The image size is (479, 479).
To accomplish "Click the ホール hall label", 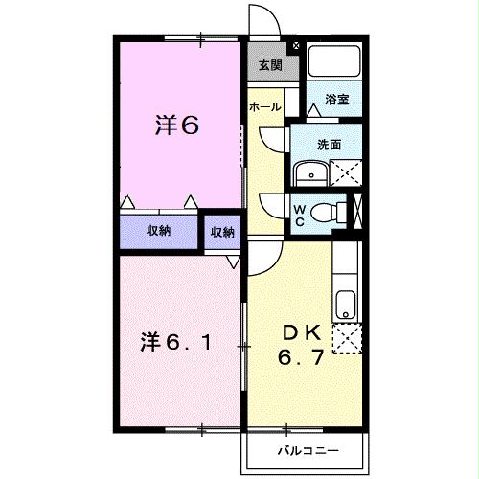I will (264, 107).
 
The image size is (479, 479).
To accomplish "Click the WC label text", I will (299, 216).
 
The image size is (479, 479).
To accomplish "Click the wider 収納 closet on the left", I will (159, 231).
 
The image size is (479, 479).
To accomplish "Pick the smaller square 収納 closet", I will (222, 231).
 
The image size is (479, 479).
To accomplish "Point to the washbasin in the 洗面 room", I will (312, 174).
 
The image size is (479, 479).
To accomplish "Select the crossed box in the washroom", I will (344, 173).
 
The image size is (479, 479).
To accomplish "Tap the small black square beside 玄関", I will (295, 46).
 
